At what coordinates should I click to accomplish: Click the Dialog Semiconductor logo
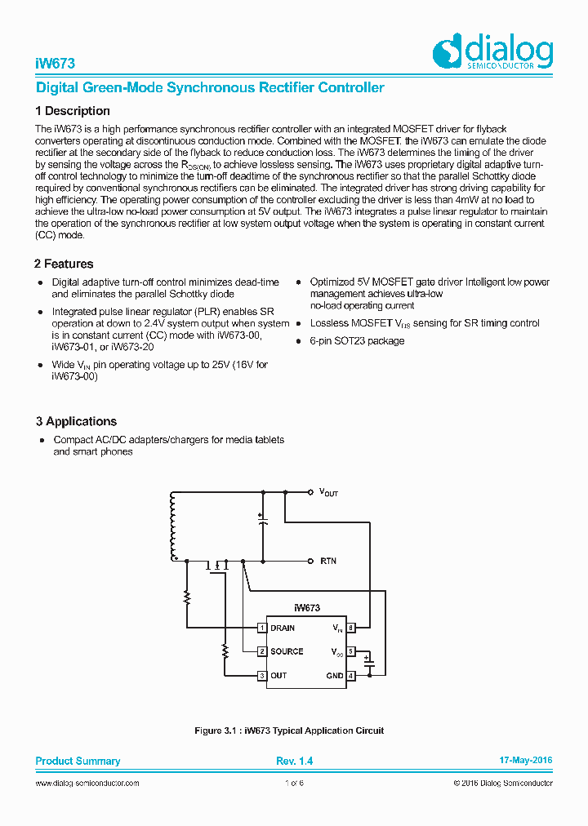point(492,53)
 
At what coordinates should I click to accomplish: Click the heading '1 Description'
point(73,111)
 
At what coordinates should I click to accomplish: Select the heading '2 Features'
point(64,264)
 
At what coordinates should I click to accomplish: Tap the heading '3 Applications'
point(76,421)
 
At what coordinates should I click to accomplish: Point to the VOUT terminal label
point(328,492)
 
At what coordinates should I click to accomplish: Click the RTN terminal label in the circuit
point(327,561)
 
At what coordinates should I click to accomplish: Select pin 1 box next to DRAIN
point(262,628)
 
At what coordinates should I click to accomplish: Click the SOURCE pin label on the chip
point(287,651)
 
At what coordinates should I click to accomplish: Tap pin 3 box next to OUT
point(262,676)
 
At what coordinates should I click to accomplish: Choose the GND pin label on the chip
point(335,676)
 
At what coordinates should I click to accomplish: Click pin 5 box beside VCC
point(350,651)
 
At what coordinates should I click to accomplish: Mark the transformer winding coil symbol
point(172,526)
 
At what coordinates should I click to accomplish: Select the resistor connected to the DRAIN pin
point(187,597)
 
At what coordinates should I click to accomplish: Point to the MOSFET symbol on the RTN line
point(218,565)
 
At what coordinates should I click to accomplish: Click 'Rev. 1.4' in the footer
point(294,761)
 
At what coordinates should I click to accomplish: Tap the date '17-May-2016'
point(525,760)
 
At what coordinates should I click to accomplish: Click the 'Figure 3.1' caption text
point(290,731)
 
